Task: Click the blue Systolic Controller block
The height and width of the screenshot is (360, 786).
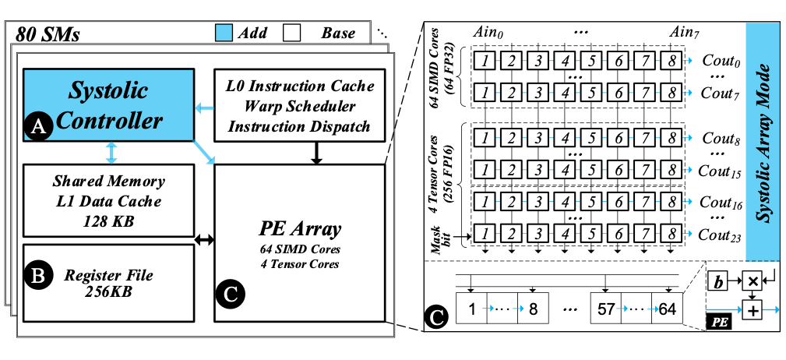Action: point(108,105)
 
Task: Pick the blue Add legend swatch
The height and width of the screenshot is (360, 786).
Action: point(224,34)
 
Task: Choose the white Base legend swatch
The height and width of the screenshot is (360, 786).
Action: point(292,34)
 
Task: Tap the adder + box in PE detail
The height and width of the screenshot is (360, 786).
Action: point(753,311)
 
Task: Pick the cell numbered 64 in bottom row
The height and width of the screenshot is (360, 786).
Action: point(667,309)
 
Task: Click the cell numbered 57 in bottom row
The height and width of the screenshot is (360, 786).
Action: point(606,309)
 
